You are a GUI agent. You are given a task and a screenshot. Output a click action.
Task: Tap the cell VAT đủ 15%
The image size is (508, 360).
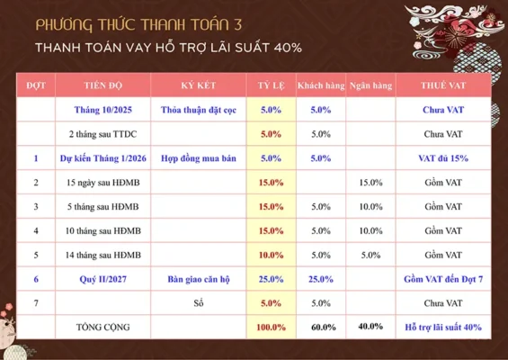pos(442,157)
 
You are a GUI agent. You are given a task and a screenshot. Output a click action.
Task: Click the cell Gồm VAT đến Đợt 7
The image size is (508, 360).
pos(442,279)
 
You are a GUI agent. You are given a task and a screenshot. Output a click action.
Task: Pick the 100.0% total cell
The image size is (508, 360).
pos(271,327)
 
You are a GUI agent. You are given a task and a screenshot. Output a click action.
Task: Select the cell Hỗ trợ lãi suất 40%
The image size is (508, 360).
pos(442,327)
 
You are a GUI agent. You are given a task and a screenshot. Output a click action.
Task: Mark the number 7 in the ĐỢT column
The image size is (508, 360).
pos(36,303)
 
